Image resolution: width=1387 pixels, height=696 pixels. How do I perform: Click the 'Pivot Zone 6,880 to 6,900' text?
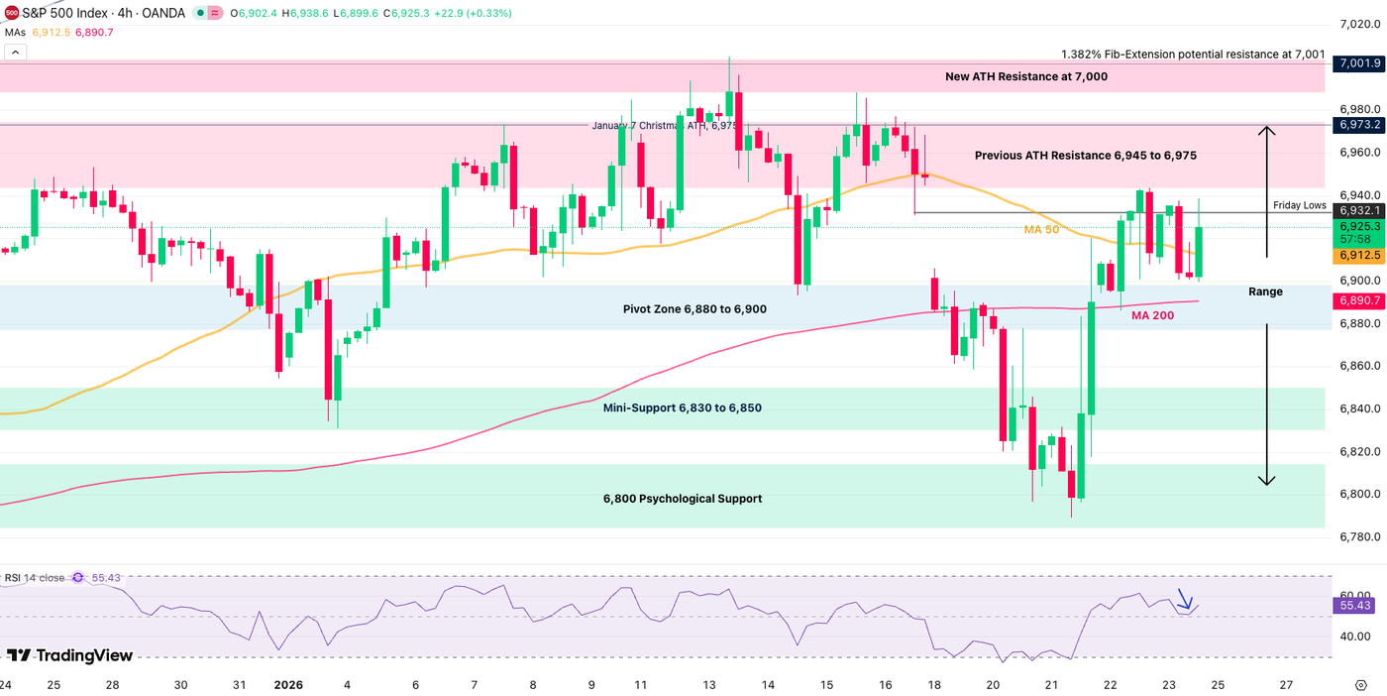pyautogui.click(x=694, y=309)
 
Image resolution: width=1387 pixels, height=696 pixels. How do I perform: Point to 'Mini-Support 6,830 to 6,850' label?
pyautogui.click(x=682, y=407)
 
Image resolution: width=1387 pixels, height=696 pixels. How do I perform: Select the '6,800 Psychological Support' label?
pyautogui.click(x=683, y=499)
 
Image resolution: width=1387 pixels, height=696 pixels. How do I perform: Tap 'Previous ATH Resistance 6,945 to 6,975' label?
pyautogui.click(x=1085, y=156)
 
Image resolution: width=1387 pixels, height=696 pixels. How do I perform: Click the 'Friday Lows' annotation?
pyautogui.click(x=1299, y=205)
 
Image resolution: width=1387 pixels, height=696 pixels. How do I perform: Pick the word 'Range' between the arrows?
pyautogui.click(x=1265, y=291)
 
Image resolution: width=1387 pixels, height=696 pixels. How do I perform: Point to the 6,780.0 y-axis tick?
pyautogui.click(x=1355, y=537)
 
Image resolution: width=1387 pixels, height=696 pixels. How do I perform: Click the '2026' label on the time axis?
pyautogui.click(x=288, y=685)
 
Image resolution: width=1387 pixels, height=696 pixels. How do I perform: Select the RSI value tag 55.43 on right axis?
pyautogui.click(x=1354, y=605)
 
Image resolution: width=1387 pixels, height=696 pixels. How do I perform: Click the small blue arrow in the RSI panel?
pyautogui.click(x=1184, y=600)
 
